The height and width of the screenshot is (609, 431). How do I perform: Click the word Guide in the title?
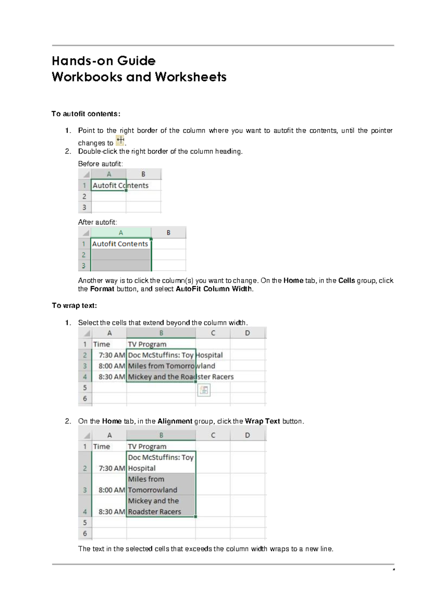pyautogui.click(x=136, y=61)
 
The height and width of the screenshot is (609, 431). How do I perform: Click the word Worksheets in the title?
pyautogui.click(x=191, y=77)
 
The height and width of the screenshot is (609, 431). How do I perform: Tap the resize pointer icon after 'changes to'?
pyautogui.click(x=120, y=140)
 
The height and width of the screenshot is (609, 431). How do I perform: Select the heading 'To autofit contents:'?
pyautogui.click(x=86, y=114)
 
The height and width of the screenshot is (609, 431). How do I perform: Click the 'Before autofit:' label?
pyautogui.click(x=101, y=164)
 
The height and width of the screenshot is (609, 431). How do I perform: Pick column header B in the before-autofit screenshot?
pyautogui.click(x=143, y=174)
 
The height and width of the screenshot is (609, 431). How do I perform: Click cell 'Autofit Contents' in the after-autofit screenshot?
pyautogui.click(x=120, y=244)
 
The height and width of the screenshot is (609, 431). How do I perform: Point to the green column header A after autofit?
pyautogui.click(x=121, y=233)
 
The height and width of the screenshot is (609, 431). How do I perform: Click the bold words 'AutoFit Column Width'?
pyautogui.click(x=214, y=289)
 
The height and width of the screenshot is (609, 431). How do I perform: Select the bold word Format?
pyautogui.click(x=102, y=289)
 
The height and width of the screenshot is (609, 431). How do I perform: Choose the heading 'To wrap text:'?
pyautogui.click(x=74, y=306)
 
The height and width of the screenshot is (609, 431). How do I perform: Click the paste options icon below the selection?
pyautogui.click(x=204, y=390)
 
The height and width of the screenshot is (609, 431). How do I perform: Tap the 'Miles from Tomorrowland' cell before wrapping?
pyautogui.click(x=161, y=366)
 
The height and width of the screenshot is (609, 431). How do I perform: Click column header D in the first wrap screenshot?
pyautogui.click(x=247, y=333)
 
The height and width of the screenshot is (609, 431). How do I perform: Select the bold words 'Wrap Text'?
pyautogui.click(x=262, y=421)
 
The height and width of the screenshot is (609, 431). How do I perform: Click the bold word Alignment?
pyautogui.click(x=175, y=421)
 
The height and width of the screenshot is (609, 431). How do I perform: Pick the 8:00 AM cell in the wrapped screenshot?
pyautogui.click(x=112, y=490)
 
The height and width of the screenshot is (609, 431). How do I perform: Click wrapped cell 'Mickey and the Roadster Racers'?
pyautogui.click(x=161, y=506)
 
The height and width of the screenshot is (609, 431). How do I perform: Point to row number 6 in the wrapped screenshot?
pyautogui.click(x=85, y=533)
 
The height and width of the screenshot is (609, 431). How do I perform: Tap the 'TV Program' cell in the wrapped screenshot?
pyautogui.click(x=147, y=446)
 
